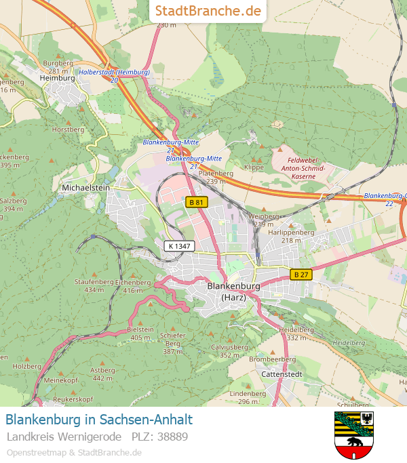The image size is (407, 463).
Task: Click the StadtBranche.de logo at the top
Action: click(x=208, y=11)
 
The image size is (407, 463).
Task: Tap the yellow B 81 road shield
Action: click(x=196, y=202)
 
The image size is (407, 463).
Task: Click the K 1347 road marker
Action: click(x=178, y=246)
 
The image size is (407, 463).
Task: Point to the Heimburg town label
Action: click(x=58, y=78)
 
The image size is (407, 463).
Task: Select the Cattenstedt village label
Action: click(x=282, y=374)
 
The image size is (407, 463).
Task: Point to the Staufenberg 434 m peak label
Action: click(x=94, y=285)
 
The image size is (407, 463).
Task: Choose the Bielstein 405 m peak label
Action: click(x=140, y=333)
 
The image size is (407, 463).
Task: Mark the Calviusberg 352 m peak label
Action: click(x=229, y=350)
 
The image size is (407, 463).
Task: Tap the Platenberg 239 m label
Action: click(x=215, y=178)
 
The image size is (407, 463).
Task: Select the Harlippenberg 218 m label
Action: click(x=291, y=236)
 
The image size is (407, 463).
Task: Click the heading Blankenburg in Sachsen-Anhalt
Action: click(x=99, y=419)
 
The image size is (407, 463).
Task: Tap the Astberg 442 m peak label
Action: click(x=102, y=374)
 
